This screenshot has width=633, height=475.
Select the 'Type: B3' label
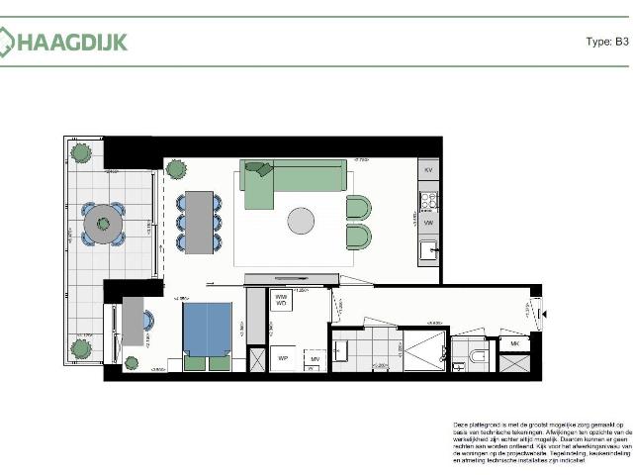(x=607, y=42)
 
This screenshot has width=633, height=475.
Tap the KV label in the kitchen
(x=429, y=171)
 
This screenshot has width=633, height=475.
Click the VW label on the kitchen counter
(x=429, y=224)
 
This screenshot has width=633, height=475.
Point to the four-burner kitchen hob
(x=429, y=201)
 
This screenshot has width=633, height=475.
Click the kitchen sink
(x=428, y=250)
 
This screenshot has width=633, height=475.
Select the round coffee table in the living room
(x=302, y=221)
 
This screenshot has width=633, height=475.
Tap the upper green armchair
(x=358, y=208)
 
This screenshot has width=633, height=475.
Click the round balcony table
(x=102, y=225)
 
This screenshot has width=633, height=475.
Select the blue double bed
(x=208, y=329)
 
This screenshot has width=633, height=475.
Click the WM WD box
(x=281, y=301)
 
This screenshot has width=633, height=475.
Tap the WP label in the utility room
(x=282, y=357)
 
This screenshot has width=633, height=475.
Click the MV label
(x=315, y=359)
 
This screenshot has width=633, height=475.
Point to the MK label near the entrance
(x=514, y=343)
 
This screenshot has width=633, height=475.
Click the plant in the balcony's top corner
(x=80, y=152)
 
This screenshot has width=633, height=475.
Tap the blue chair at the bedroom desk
(x=148, y=321)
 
